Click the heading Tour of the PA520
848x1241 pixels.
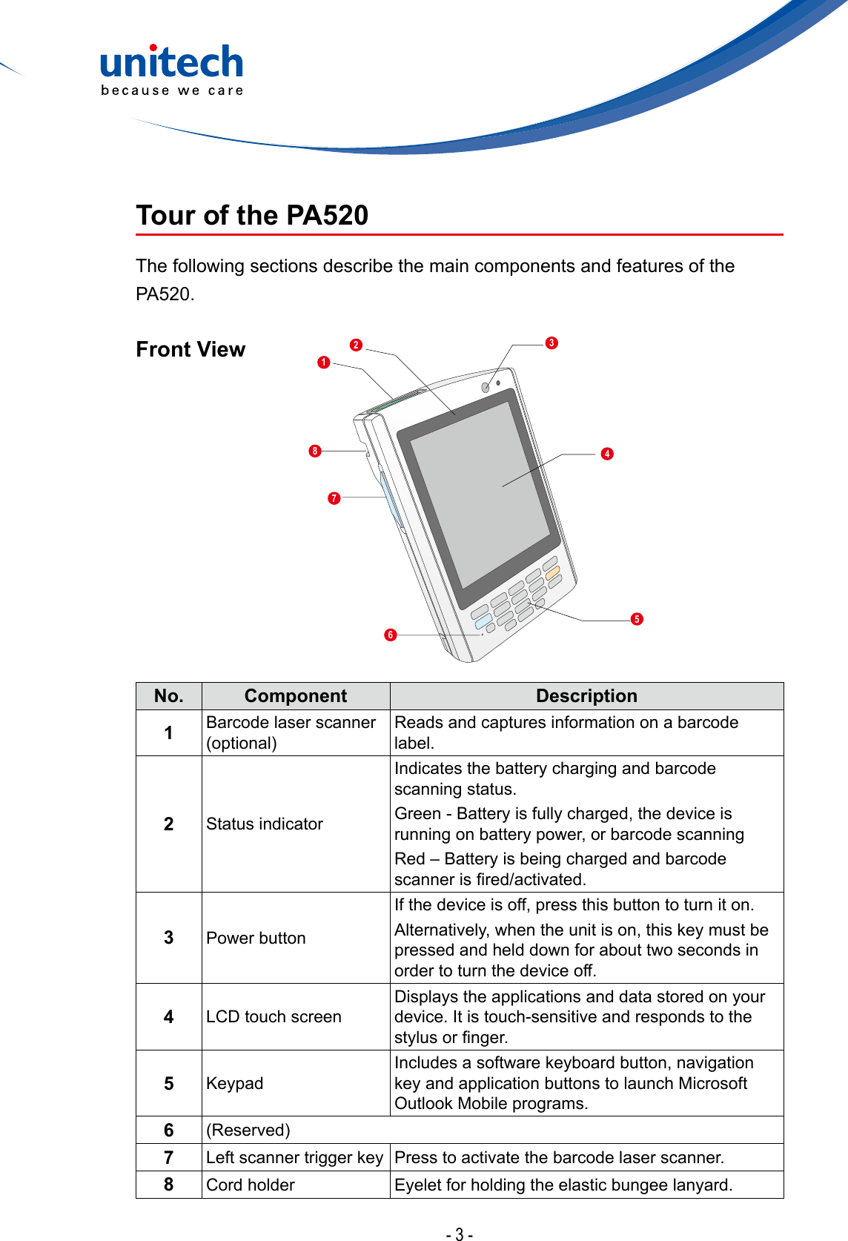tap(252, 216)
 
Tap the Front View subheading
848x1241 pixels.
tap(191, 349)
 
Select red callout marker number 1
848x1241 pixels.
tap(324, 363)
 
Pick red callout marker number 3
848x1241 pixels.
tap(551, 342)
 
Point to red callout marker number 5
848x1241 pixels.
tap(637, 619)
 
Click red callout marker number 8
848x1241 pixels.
tap(315, 451)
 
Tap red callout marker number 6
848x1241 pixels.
tap(391, 635)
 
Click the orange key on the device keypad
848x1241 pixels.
tap(552, 572)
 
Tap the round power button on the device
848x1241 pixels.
tap(486, 388)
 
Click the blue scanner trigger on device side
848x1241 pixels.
tap(390, 500)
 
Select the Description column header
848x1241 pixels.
tap(586, 696)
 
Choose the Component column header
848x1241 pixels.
tap(295, 696)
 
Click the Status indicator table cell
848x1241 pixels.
tap(265, 824)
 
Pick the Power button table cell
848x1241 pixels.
tap(256, 938)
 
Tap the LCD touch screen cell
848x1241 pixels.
tap(274, 1016)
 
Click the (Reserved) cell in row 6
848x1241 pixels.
tap(248, 1130)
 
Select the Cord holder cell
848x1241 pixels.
tap(251, 1185)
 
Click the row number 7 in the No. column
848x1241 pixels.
tap(169, 1157)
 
